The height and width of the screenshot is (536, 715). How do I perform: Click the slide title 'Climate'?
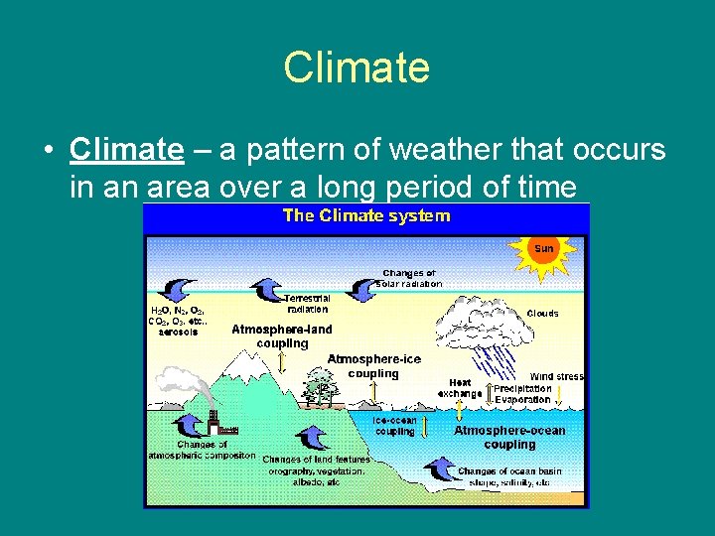click(357, 67)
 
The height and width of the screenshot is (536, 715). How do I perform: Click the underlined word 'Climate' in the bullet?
click(126, 150)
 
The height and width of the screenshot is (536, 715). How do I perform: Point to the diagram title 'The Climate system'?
click(366, 215)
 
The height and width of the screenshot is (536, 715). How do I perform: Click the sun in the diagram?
click(544, 248)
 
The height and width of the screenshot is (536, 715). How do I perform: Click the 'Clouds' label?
click(542, 313)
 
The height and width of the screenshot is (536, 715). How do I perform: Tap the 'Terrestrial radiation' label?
click(307, 303)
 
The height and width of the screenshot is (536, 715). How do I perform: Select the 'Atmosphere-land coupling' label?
click(282, 335)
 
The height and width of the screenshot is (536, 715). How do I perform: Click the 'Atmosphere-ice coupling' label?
click(373, 366)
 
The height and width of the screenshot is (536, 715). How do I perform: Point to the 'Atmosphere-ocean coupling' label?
click(509, 437)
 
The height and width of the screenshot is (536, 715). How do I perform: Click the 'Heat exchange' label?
click(460, 388)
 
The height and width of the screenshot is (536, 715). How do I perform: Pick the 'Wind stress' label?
click(556, 376)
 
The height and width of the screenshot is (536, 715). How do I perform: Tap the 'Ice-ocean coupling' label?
click(394, 426)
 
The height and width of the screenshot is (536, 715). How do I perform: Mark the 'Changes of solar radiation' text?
click(409, 278)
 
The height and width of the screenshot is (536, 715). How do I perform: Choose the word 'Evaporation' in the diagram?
click(522, 400)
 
